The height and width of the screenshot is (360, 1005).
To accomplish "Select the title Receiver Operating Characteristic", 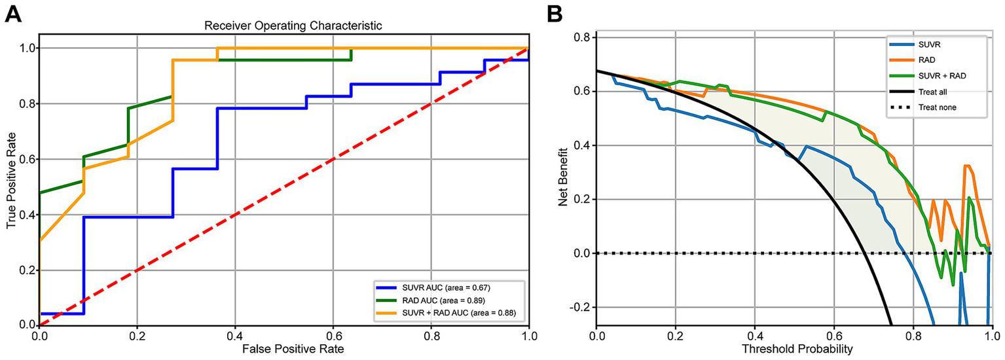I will click(284, 26).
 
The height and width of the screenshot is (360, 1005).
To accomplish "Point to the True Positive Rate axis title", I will click(11, 187).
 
